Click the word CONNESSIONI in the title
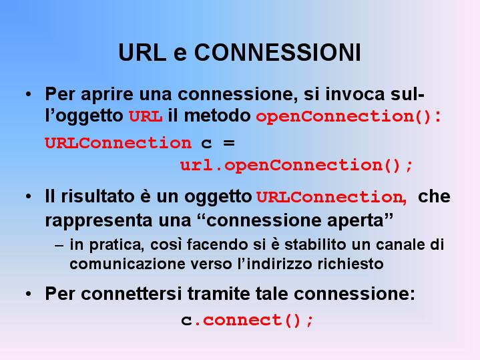click(x=277, y=52)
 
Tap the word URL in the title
click(x=142, y=52)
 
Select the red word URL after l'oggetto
click(x=146, y=116)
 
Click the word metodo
click(x=218, y=116)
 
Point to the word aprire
click(x=107, y=94)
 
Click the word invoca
click(x=354, y=94)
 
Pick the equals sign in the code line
click(x=229, y=143)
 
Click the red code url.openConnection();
click(x=296, y=166)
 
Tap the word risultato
click(x=97, y=196)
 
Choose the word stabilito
click(x=315, y=244)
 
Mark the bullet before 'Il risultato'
click(x=29, y=197)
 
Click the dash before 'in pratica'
click(x=59, y=246)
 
